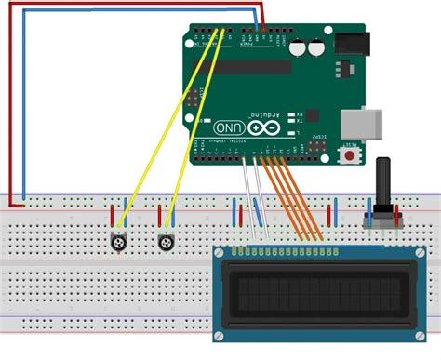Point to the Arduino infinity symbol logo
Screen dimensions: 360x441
(266, 127)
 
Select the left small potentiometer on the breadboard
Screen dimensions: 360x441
(119, 242)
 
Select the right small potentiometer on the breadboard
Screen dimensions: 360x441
(167, 242)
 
